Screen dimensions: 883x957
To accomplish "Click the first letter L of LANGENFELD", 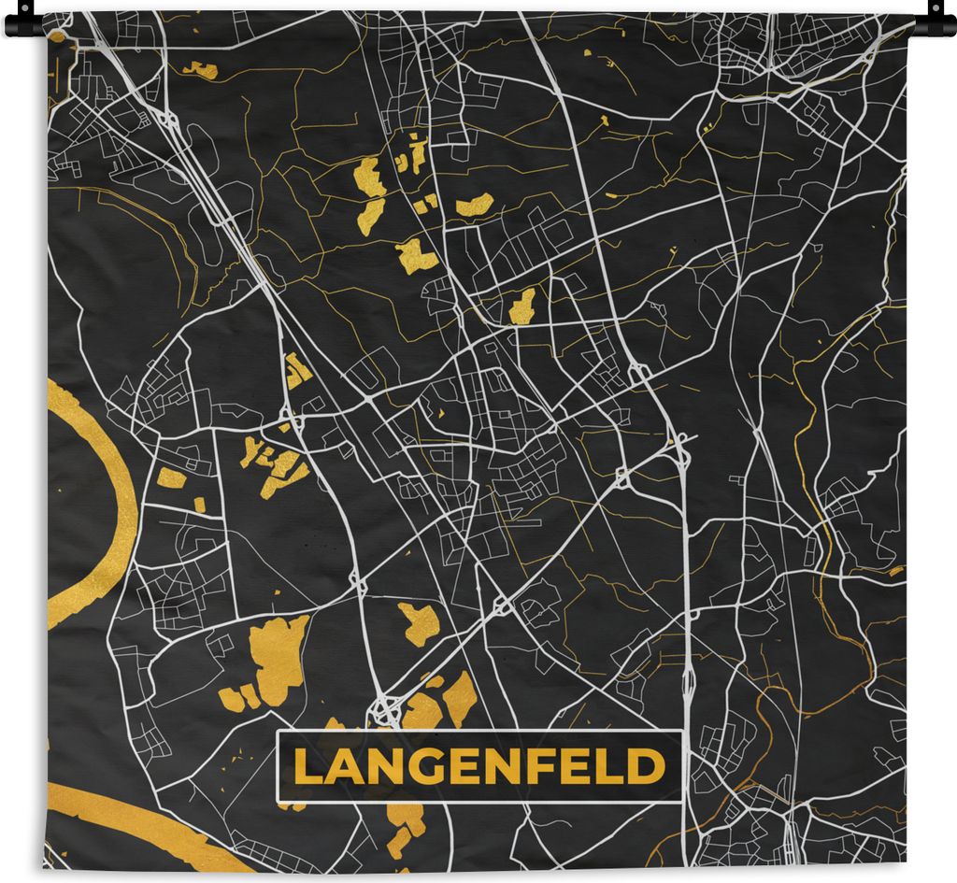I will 306,767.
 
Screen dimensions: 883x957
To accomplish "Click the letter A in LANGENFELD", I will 339,767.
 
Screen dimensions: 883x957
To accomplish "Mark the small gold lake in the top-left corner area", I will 200,69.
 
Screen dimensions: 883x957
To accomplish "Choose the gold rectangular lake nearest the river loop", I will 171,478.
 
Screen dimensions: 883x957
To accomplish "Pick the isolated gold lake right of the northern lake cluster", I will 475,204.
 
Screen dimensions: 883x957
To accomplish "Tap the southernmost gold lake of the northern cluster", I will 416,255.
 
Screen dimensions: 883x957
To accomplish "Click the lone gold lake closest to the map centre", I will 522,306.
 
